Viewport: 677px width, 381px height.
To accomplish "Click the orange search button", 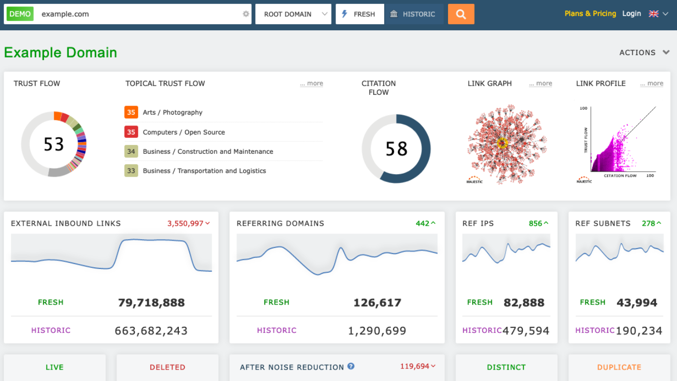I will point(461,14).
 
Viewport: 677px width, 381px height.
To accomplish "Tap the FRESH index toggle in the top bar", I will point(359,14).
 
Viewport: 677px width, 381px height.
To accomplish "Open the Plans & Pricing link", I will point(590,14).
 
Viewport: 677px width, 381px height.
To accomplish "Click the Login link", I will point(631,14).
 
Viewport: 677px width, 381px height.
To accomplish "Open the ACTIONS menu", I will point(644,53).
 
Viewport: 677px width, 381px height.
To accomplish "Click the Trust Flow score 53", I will point(54,144).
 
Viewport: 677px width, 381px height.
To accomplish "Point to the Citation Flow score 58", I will point(396,149).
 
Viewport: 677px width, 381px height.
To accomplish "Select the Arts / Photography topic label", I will point(172,113).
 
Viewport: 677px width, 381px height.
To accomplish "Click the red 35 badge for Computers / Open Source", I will point(131,132).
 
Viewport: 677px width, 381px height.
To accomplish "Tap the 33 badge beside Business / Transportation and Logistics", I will point(131,171).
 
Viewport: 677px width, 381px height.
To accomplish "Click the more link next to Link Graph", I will point(540,84).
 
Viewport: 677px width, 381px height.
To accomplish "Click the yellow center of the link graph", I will point(503,143).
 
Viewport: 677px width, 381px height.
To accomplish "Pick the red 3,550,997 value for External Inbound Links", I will point(185,224).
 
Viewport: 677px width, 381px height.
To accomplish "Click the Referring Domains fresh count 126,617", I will point(377,303).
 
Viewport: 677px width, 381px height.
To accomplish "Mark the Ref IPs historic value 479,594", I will point(526,331).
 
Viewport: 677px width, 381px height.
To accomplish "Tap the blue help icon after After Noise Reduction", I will point(351,367).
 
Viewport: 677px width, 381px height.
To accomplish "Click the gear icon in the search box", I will point(246,14).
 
